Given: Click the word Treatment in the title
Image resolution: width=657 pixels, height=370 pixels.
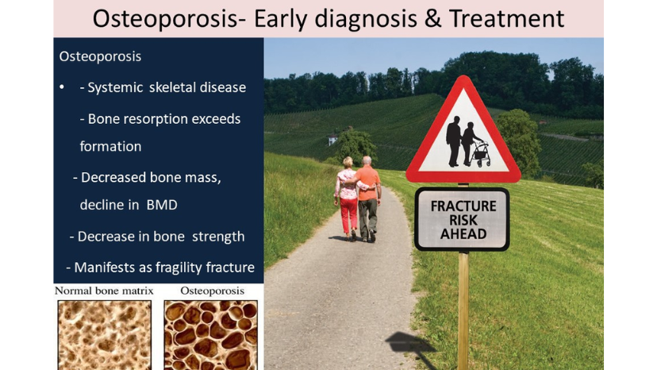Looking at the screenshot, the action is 506,19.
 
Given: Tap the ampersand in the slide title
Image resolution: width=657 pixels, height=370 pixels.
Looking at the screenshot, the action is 432,19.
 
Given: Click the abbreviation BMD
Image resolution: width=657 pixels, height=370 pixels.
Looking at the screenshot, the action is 162,205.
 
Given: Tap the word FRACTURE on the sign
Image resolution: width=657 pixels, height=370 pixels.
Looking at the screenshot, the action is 463,206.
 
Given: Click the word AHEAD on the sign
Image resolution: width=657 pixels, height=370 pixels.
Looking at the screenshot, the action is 463,234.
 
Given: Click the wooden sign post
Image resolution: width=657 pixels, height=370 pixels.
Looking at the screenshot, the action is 463,310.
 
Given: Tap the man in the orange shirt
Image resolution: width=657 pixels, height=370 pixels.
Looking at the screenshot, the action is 369,197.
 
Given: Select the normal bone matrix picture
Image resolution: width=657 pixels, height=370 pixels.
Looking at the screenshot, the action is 105,335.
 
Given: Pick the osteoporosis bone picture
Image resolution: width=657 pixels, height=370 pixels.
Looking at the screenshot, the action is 211,335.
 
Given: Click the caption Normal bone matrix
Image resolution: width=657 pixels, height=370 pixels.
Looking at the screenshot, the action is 104,291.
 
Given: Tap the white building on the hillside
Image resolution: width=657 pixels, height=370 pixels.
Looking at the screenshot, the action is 332,140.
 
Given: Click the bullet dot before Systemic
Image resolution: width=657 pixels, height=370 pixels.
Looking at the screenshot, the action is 62,87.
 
